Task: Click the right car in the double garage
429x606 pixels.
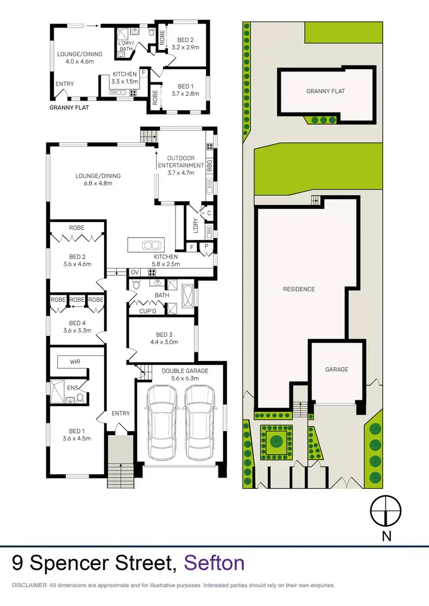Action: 200,423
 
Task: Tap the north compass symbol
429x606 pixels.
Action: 387,510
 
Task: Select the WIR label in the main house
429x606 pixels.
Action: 75,362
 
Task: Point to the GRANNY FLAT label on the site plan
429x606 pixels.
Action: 325,91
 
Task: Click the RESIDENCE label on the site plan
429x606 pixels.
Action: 299,289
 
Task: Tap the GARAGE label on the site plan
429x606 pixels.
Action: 337,370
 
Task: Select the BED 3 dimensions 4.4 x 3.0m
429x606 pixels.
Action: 163,343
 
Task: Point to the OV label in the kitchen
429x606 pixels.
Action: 136,272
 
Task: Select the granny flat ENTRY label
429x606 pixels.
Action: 65,84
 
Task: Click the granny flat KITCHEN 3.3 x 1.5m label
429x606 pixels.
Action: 124,78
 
